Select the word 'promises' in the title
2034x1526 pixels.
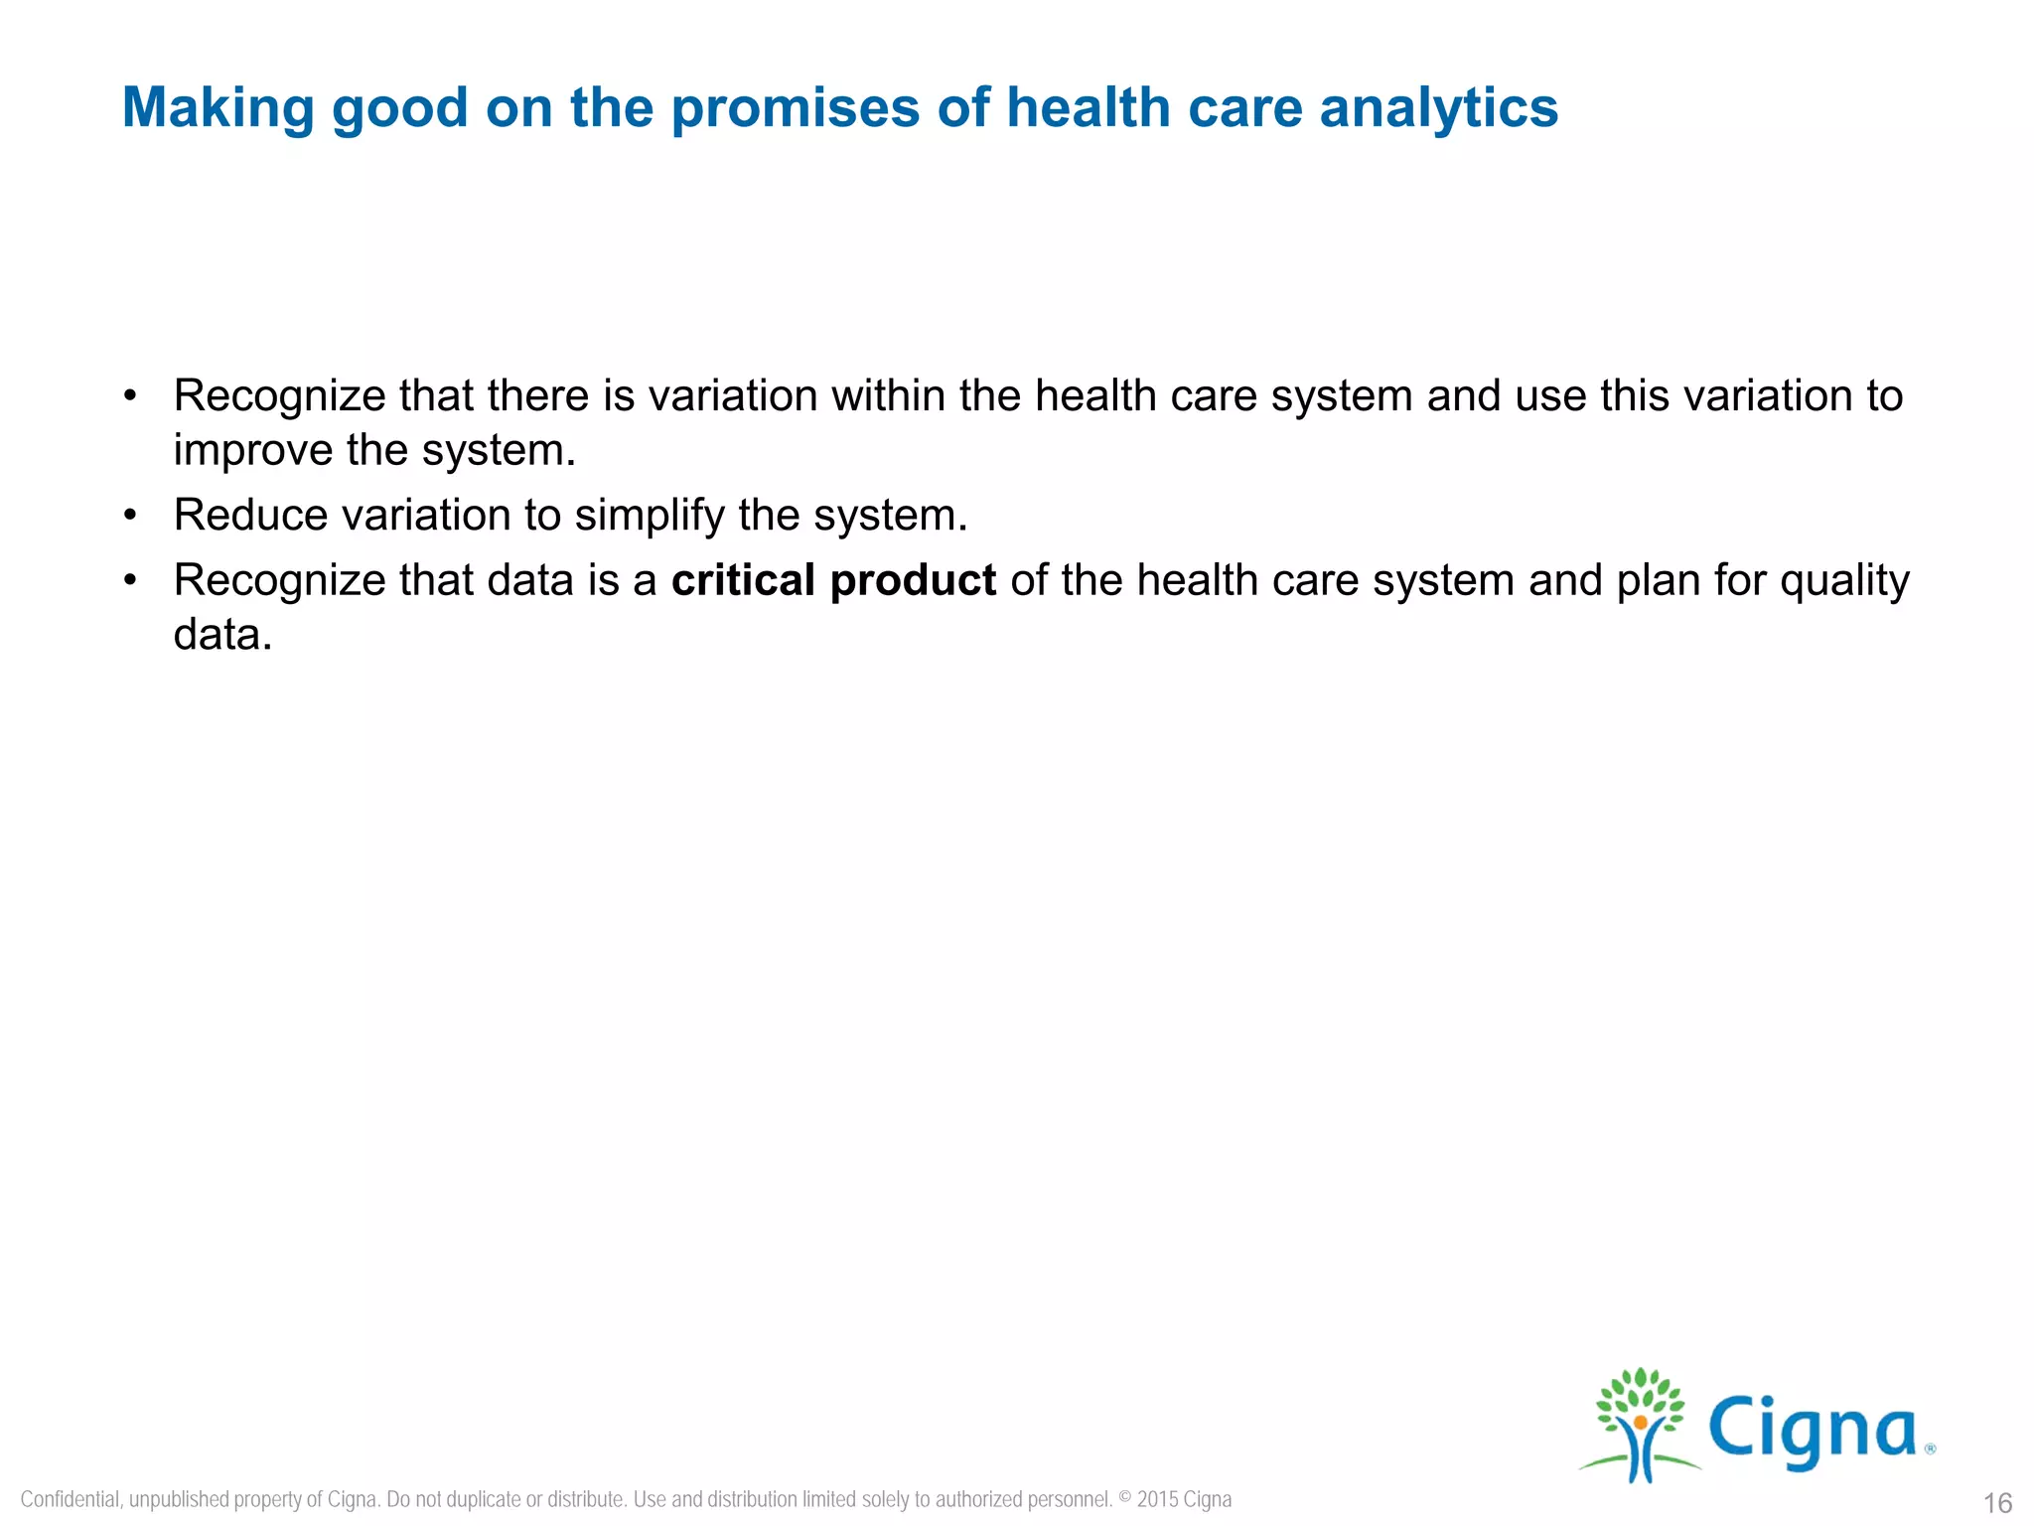(795, 107)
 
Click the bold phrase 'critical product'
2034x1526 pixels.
(833, 580)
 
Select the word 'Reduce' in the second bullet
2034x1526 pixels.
(250, 516)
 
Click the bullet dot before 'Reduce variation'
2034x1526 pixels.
(129, 516)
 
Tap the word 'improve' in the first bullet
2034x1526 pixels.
(252, 451)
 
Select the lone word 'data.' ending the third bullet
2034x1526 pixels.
(222, 635)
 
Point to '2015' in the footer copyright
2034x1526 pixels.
(1157, 1499)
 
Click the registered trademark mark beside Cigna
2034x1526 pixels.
(1930, 1449)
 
